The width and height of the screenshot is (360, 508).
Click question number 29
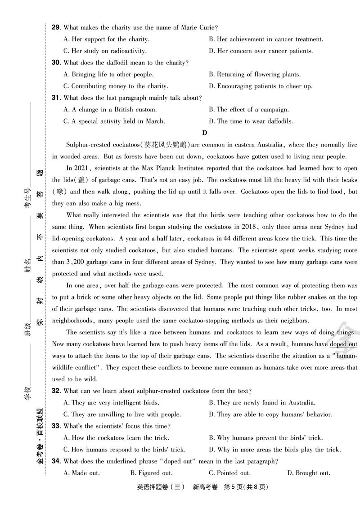[x=56, y=28]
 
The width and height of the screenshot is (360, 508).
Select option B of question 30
[x=254, y=75]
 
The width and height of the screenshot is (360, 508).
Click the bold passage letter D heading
[x=205, y=133]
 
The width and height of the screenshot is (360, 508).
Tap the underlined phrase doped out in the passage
[x=343, y=344]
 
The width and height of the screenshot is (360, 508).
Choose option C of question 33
[x=125, y=450]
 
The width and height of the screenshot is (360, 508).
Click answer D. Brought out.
[x=309, y=473]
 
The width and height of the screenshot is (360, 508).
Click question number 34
[x=56, y=461]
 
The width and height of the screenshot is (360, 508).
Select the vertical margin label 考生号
[x=28, y=198]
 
